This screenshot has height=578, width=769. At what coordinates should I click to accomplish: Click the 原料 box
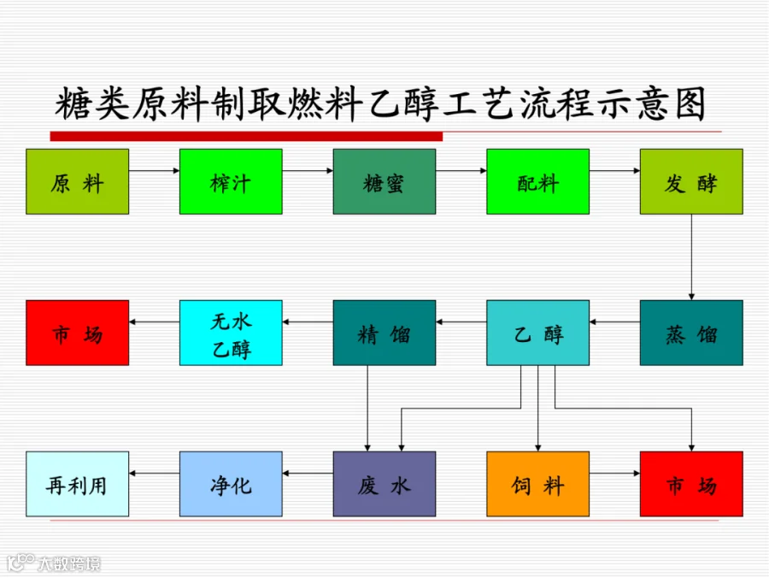(78, 181)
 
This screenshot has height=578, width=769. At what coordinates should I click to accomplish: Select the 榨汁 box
(231, 181)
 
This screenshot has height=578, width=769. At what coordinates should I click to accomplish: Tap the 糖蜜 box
(384, 181)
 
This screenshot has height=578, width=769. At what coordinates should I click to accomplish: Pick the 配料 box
(538, 181)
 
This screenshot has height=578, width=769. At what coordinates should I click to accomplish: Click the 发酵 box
(691, 181)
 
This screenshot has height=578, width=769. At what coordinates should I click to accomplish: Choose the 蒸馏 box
(691, 333)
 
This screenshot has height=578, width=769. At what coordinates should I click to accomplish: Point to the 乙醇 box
(538, 333)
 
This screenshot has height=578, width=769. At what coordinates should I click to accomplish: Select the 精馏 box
(384, 333)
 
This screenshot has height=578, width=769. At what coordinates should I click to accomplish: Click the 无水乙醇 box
(231, 333)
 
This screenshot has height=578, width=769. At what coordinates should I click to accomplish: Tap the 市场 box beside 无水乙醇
(78, 333)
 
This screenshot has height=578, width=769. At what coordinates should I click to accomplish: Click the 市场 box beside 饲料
(691, 484)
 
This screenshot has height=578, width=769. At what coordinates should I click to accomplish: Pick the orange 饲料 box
(538, 484)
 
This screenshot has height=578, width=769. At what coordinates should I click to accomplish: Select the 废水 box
(384, 484)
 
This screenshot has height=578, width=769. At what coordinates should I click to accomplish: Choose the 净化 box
(231, 484)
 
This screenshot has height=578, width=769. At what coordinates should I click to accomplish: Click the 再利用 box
(78, 484)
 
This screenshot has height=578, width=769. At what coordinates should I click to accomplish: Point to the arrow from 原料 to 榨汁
(155, 171)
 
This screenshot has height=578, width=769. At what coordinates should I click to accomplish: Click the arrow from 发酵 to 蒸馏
(691, 257)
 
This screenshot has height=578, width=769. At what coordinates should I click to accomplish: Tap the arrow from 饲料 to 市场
(615, 473)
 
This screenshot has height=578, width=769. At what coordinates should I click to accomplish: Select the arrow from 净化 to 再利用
(155, 473)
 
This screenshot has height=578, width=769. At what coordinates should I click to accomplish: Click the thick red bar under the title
(246, 136)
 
